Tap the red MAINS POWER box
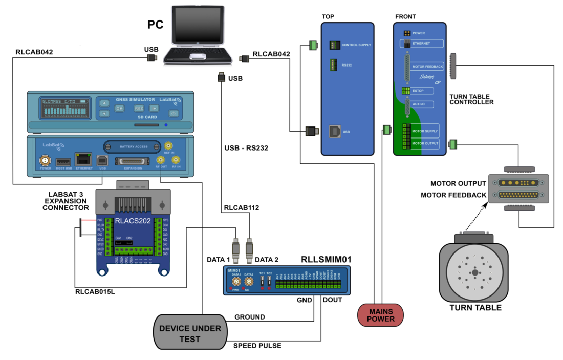click(380, 314)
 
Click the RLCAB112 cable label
click(242, 208)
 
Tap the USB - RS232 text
click(246, 149)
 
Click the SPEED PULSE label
click(257, 346)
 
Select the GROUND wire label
click(250, 317)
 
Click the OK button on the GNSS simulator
click(119, 108)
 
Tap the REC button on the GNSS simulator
click(139, 108)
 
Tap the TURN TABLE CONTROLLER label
click(471, 99)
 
